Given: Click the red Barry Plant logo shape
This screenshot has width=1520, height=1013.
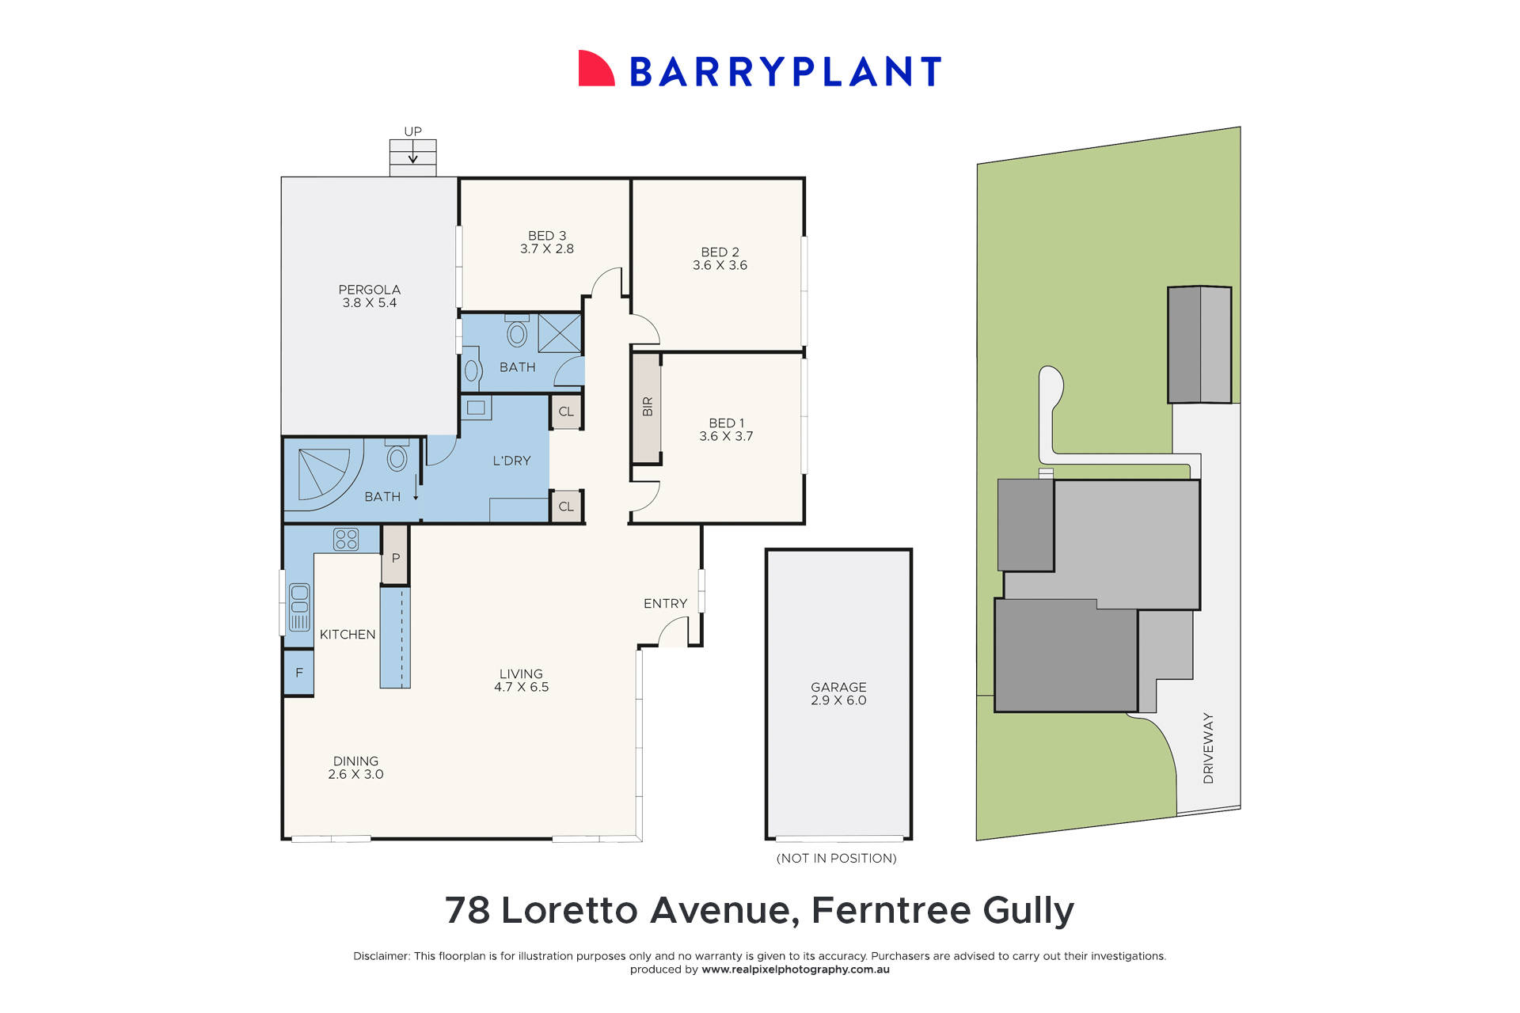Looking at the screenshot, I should pos(595,70).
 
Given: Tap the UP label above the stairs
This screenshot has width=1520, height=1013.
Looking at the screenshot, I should pos(412,131).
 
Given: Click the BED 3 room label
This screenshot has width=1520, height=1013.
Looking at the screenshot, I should pos(547,236).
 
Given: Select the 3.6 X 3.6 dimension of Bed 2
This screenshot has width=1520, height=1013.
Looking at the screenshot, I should pos(720,266).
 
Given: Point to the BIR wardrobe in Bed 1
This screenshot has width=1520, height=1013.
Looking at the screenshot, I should pos(647,407).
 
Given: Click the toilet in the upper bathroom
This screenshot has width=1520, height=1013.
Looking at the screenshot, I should pos(517,332).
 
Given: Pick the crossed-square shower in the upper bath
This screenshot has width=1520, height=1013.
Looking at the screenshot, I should pos(560,333).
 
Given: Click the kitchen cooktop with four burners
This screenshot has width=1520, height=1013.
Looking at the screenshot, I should pos(346,539).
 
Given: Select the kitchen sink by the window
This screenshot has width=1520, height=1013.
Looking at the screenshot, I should pos(299,607).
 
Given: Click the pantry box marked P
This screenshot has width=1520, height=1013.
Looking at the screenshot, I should pos(395,558).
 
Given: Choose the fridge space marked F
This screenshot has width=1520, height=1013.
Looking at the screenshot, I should pos(298,673).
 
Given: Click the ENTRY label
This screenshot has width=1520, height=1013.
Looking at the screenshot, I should pos(665,604).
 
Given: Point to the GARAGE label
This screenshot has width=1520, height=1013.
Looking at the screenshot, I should pos(838,687).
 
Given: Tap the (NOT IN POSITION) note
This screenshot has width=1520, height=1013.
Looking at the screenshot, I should pos(837,858).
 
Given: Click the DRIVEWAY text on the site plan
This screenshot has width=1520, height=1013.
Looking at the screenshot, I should pos(1208,748).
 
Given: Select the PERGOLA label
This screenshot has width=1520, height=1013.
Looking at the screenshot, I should pos(369,290).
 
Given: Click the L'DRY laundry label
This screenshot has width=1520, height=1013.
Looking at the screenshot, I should pos(511,461).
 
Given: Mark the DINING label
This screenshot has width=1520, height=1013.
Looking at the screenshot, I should pos(355,761).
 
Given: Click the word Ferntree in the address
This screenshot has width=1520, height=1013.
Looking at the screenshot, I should pos(891,910).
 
